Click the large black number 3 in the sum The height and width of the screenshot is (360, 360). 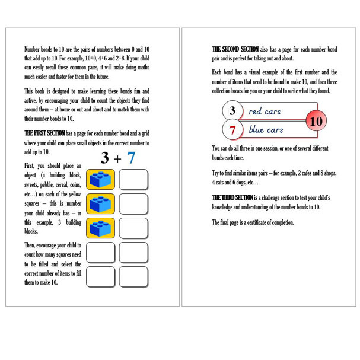[x=105, y=158]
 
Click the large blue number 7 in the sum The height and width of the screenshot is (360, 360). [x=132, y=158]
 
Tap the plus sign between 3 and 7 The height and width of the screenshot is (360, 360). [x=118, y=158]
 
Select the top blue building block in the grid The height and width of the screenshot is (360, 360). [x=101, y=179]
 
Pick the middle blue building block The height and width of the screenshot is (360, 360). [x=101, y=203]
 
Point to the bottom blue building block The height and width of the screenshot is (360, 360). [x=101, y=228]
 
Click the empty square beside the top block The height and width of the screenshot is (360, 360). [x=133, y=179]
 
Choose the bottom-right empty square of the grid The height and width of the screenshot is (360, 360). [x=133, y=276]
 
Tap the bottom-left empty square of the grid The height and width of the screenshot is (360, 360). [x=101, y=276]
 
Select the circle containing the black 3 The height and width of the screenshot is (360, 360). [x=232, y=111]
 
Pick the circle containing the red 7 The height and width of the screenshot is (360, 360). [x=232, y=129]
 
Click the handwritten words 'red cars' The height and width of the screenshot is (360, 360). [x=265, y=111]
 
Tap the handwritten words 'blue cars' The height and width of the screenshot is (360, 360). [x=266, y=130]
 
